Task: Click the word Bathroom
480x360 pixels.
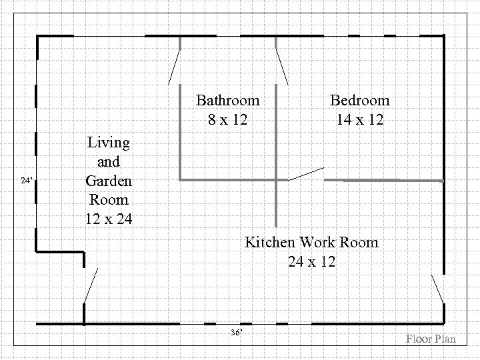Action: pos(227,101)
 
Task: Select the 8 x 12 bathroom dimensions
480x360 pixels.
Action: pos(227,120)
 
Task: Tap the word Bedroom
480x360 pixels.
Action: pos(360,101)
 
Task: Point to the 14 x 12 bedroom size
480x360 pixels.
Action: pos(360,120)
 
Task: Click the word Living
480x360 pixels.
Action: pos(109,142)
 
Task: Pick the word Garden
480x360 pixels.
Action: pos(109,181)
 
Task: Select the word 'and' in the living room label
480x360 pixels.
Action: pos(109,161)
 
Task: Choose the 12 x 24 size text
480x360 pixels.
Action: pos(109,219)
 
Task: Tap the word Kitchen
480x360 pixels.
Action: pos(271,241)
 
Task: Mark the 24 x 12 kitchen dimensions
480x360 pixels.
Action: pos(311,261)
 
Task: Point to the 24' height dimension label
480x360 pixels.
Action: pos(27,181)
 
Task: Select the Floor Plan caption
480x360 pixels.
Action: pos(431,339)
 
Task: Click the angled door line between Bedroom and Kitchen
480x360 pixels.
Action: pos(306,174)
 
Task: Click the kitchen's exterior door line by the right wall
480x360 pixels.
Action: pos(437,289)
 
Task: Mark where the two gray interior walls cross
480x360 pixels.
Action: pos(277,179)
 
